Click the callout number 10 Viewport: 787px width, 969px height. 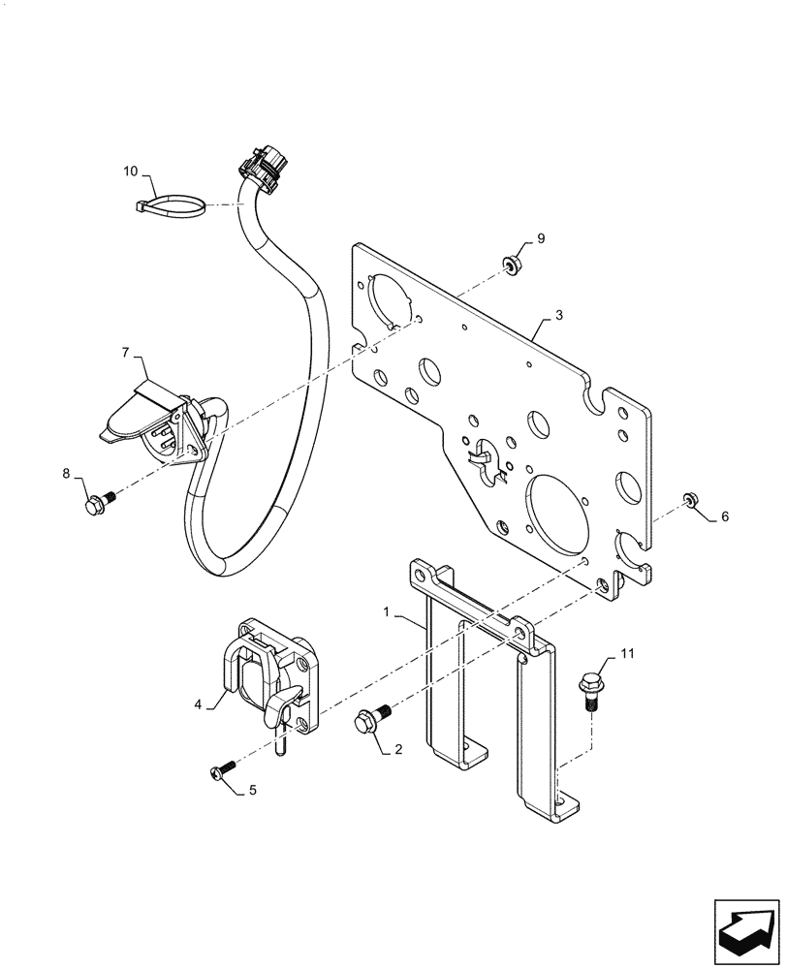pos(131,172)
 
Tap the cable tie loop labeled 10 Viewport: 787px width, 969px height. pos(173,205)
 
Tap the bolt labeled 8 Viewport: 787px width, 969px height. pos(98,504)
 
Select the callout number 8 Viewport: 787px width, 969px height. pos(67,473)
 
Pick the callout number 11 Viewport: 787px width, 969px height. pos(627,656)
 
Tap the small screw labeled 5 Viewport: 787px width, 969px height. pos(220,771)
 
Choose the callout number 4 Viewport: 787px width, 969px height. pos(198,704)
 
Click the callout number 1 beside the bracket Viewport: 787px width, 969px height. pos(388,612)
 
